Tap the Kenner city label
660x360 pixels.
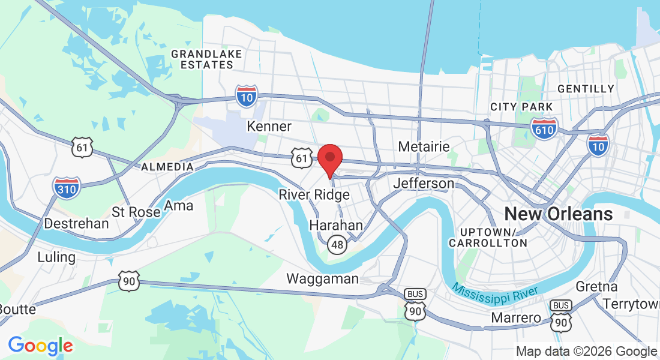point(269,127)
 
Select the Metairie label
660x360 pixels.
point(424,147)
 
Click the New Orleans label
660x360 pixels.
point(559,214)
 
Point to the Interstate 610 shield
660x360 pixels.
point(544,127)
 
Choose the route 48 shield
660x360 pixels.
point(338,244)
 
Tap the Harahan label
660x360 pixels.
point(336,226)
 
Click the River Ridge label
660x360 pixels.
point(314,195)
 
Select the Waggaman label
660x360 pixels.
point(322,278)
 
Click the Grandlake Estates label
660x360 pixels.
point(206,59)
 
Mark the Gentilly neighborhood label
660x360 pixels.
point(586,89)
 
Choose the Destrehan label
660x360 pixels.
point(77,224)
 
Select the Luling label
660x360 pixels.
point(56,257)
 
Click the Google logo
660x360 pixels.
point(40,346)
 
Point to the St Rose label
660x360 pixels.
point(136,212)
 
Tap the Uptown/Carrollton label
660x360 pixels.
point(488,238)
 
